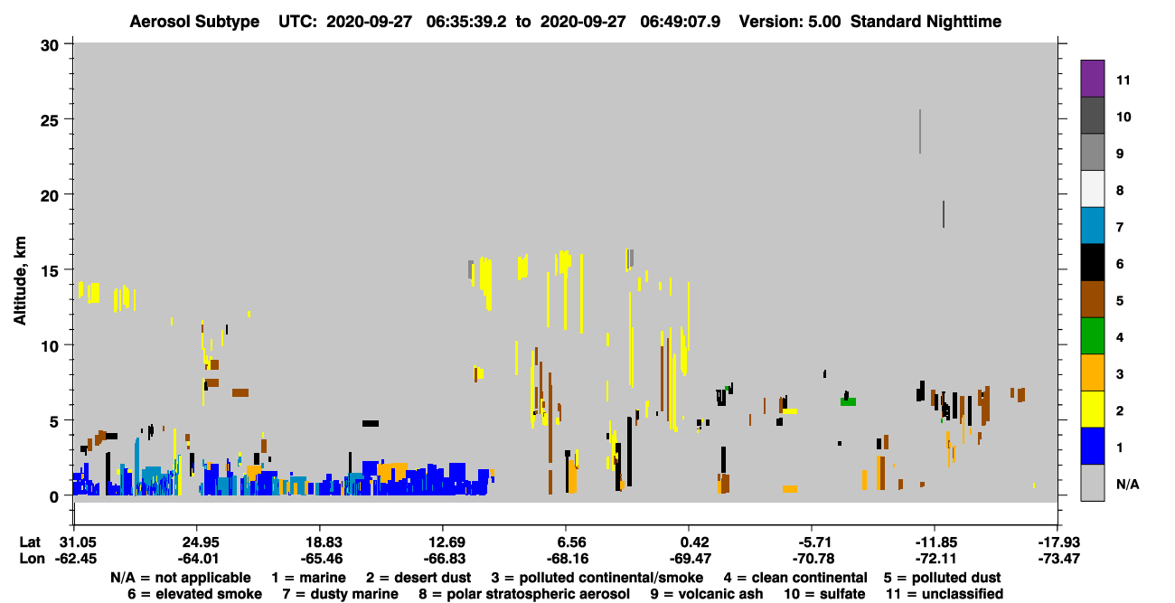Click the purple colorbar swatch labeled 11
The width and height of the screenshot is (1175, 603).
pos(1092,78)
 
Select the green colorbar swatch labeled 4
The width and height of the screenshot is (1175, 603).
pos(1092,336)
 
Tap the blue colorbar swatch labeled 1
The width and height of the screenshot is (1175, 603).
pos(1092,446)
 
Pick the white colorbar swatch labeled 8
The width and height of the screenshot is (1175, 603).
pos(1092,188)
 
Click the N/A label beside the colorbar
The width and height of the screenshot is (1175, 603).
pos(1127,484)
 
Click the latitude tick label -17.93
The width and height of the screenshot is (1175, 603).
pos(1058,542)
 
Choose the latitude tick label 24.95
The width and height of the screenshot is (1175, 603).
pos(200,542)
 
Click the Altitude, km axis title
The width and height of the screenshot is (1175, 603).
pos(20,281)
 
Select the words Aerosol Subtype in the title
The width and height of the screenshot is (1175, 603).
pos(194,22)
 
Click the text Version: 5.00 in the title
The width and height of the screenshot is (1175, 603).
pos(789,22)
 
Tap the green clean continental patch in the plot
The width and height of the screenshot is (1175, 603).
pos(848,401)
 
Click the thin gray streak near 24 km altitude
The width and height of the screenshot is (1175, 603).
pos(920,131)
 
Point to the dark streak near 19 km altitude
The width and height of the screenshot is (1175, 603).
pos(944,214)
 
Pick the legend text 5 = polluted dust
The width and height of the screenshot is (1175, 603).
pos(942,578)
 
